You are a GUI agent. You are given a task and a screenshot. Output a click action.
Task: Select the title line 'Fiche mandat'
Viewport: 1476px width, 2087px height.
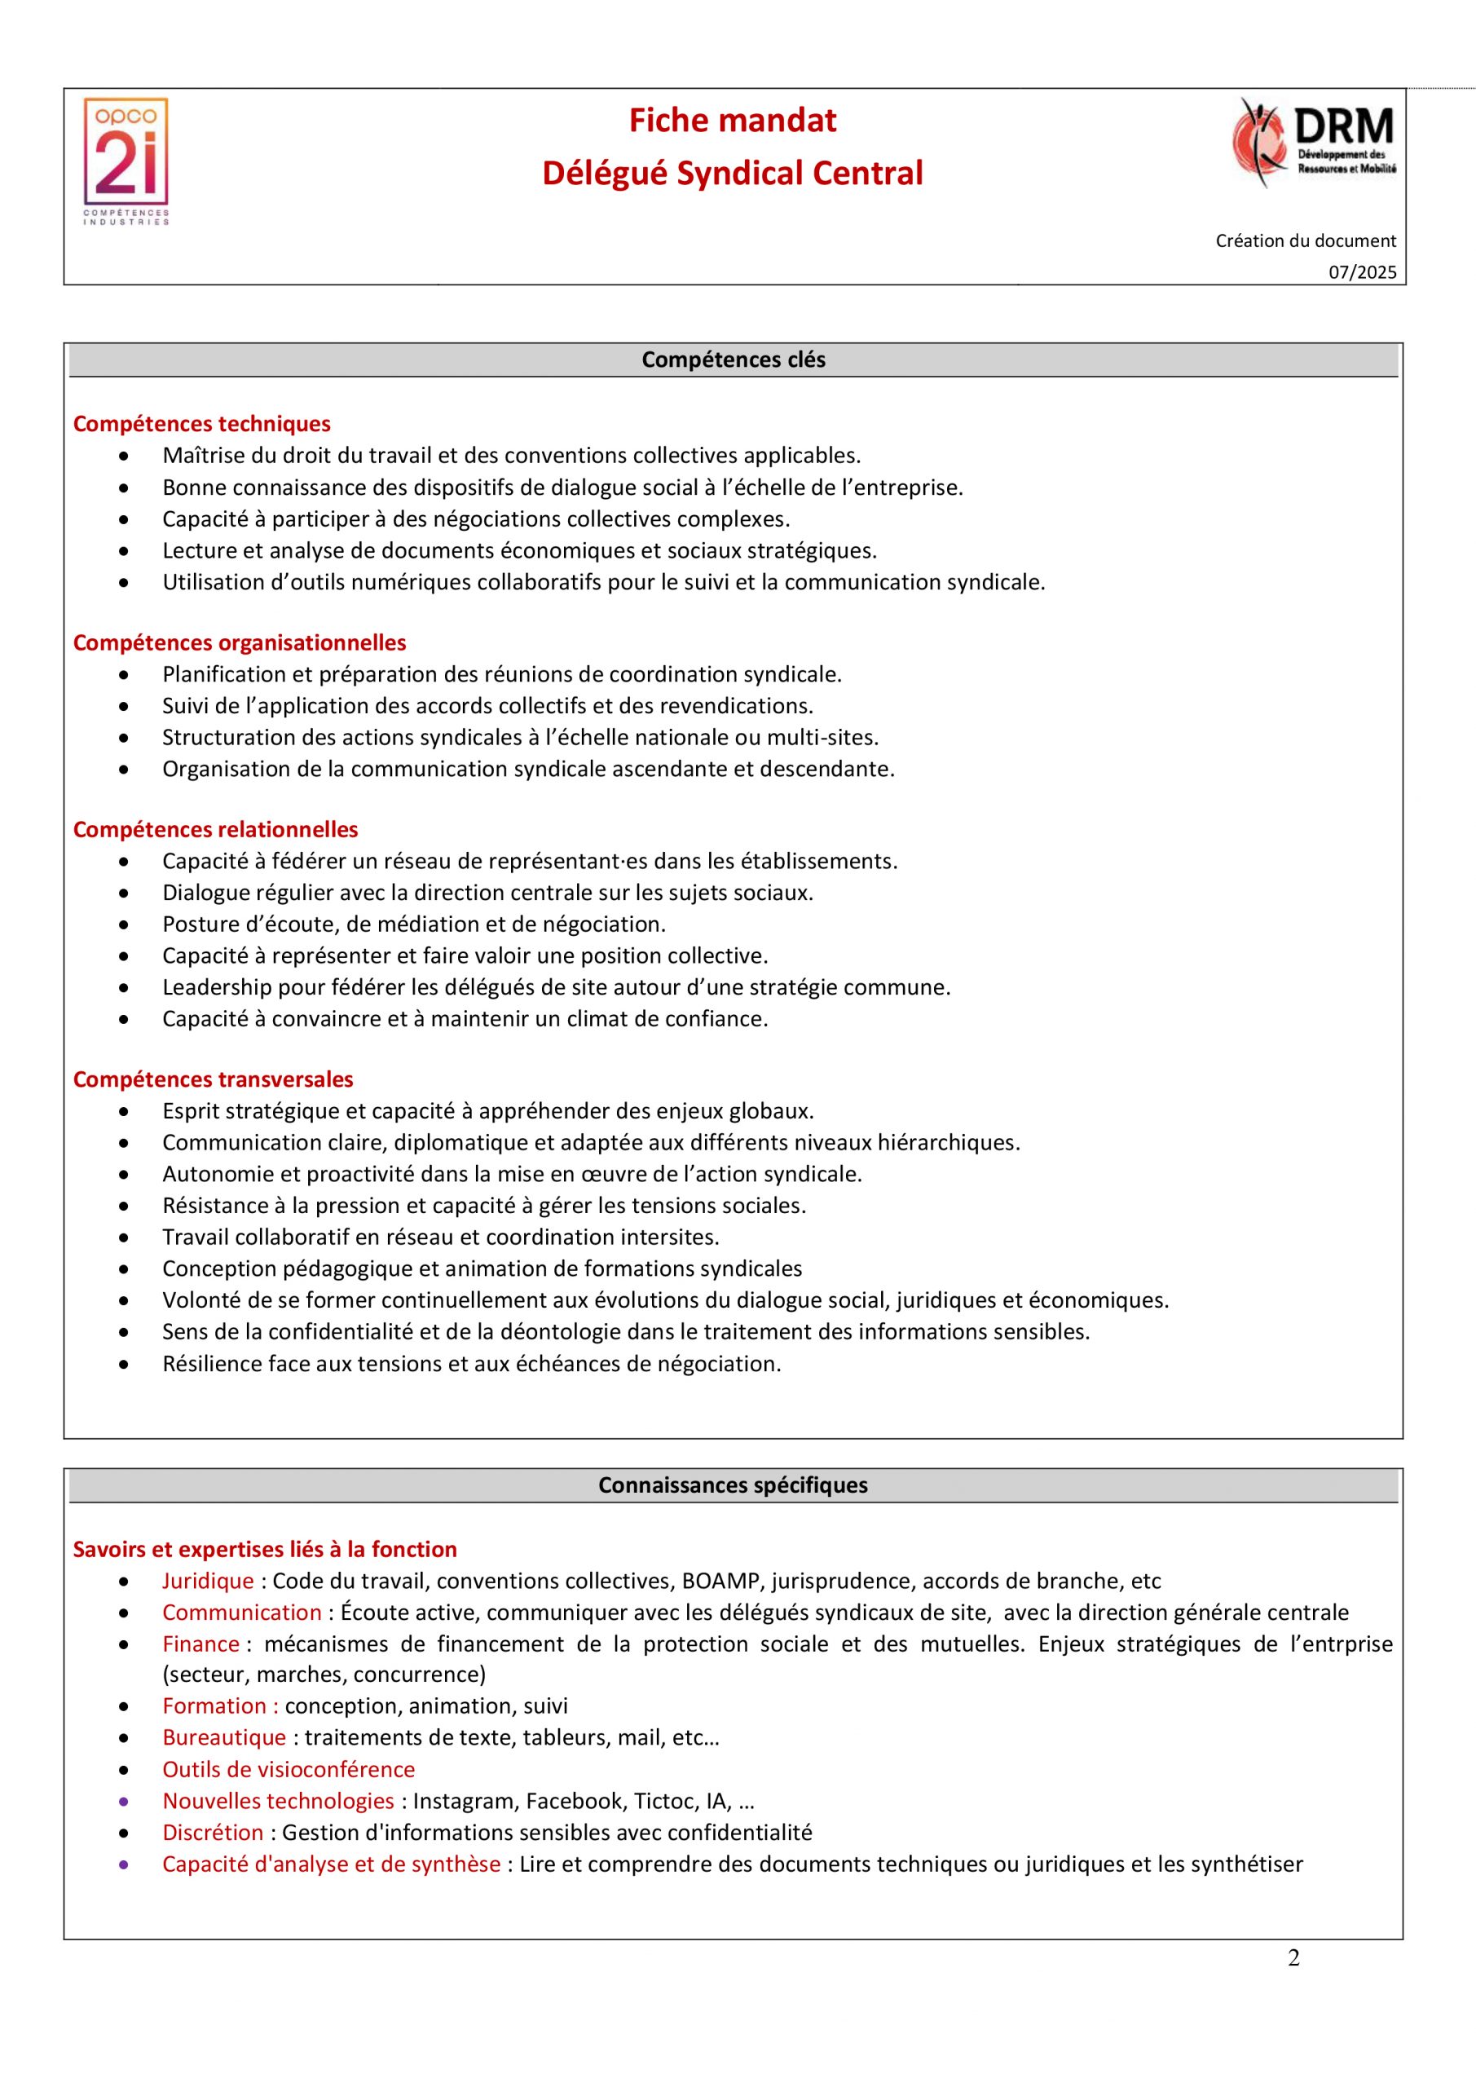(x=733, y=121)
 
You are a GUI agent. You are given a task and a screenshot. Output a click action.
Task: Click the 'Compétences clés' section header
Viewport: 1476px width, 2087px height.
(x=734, y=360)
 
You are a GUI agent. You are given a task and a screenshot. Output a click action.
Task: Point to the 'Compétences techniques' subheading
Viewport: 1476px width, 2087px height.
(x=202, y=424)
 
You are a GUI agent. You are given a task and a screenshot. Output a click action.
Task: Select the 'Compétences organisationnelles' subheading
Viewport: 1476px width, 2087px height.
(x=239, y=642)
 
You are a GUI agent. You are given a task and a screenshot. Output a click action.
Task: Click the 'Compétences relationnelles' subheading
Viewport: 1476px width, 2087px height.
(x=215, y=829)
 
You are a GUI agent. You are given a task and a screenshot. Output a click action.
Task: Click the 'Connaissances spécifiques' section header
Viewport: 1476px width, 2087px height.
(x=733, y=1485)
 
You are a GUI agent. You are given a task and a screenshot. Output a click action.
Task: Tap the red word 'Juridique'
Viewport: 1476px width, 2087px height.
(x=208, y=1581)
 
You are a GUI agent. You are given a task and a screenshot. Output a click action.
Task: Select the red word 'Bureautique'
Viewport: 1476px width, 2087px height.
(x=224, y=1737)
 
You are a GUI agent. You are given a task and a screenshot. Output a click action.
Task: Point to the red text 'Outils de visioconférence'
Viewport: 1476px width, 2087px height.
(x=289, y=1769)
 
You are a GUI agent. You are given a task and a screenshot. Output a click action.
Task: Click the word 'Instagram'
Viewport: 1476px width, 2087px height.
(x=465, y=1801)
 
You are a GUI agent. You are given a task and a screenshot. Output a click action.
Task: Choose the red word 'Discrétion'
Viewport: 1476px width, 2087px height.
(x=213, y=1833)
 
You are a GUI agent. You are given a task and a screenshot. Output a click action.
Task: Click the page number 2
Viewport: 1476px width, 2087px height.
(x=1293, y=1958)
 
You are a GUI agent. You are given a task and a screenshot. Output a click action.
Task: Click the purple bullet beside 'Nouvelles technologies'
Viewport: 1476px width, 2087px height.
(x=124, y=1801)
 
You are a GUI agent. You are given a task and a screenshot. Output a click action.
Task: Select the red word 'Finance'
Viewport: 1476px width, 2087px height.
(x=200, y=1644)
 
